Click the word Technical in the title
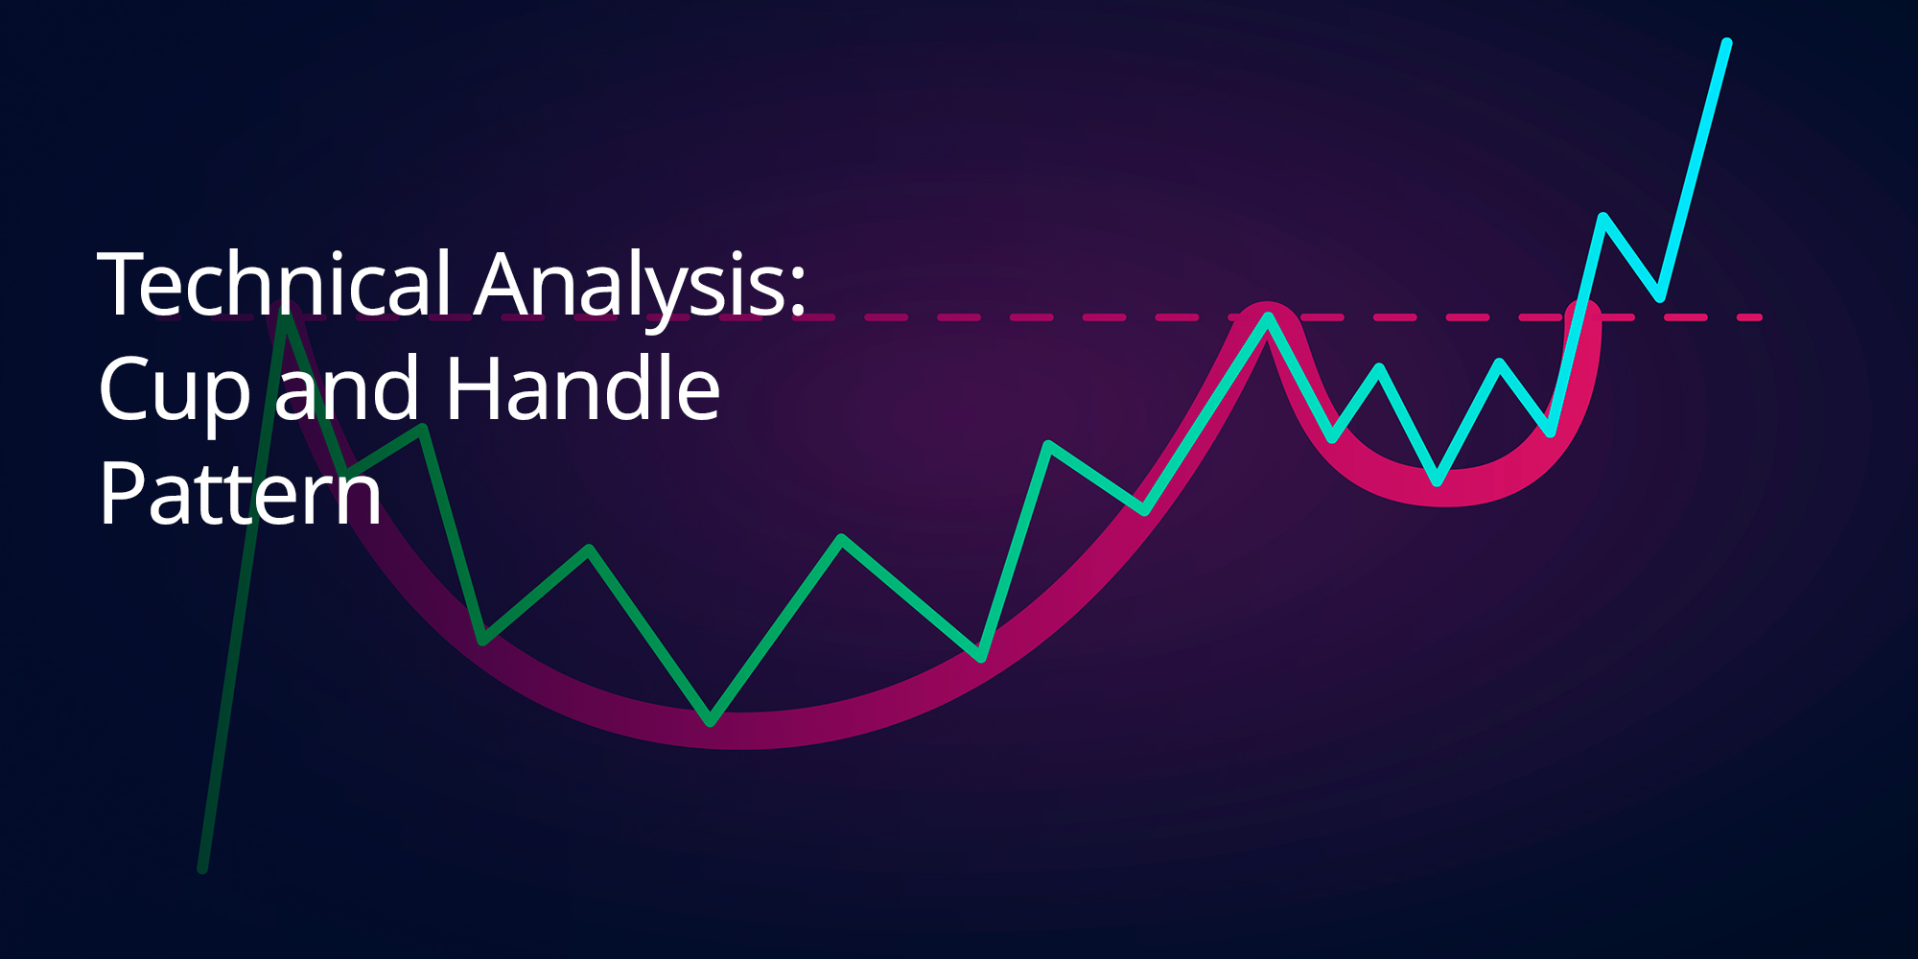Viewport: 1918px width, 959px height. [274, 283]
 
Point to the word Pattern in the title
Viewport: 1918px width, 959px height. [241, 492]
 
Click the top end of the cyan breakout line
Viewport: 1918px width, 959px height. [1727, 43]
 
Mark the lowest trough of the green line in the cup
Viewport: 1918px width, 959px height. [710, 720]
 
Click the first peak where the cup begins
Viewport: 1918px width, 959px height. [285, 309]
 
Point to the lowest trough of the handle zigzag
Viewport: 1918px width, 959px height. [1437, 479]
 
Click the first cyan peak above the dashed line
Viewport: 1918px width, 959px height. [1602, 217]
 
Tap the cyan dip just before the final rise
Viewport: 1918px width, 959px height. [1659, 296]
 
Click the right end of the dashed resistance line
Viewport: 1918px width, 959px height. [1759, 316]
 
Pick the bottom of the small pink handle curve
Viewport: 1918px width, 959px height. [1446, 488]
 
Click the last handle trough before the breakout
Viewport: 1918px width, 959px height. [1551, 432]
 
